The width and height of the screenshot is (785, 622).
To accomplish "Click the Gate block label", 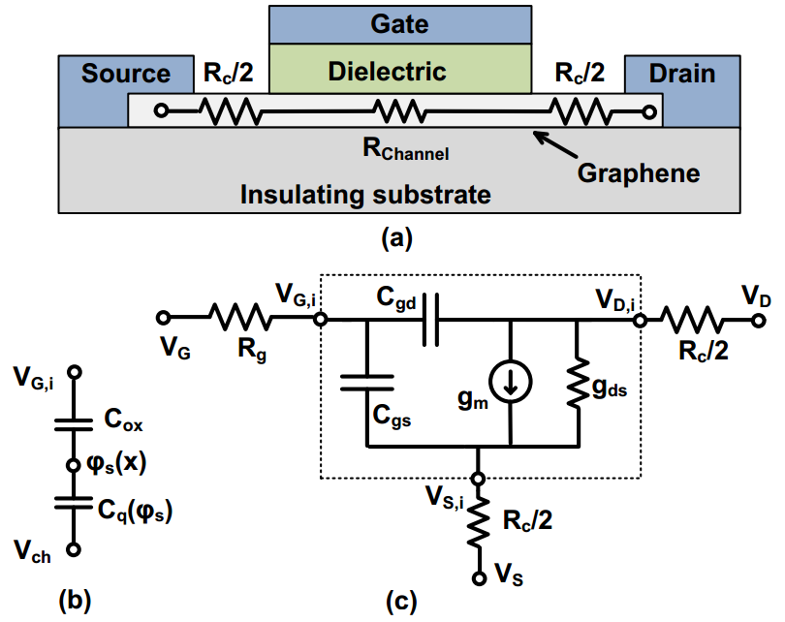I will tap(399, 23).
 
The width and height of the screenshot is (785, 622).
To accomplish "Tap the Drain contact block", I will tap(682, 74).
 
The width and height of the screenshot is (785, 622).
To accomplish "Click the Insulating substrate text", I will tap(365, 194).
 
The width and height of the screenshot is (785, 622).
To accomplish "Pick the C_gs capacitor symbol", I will tap(366, 385).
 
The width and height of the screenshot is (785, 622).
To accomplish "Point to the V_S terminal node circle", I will tap(478, 578).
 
